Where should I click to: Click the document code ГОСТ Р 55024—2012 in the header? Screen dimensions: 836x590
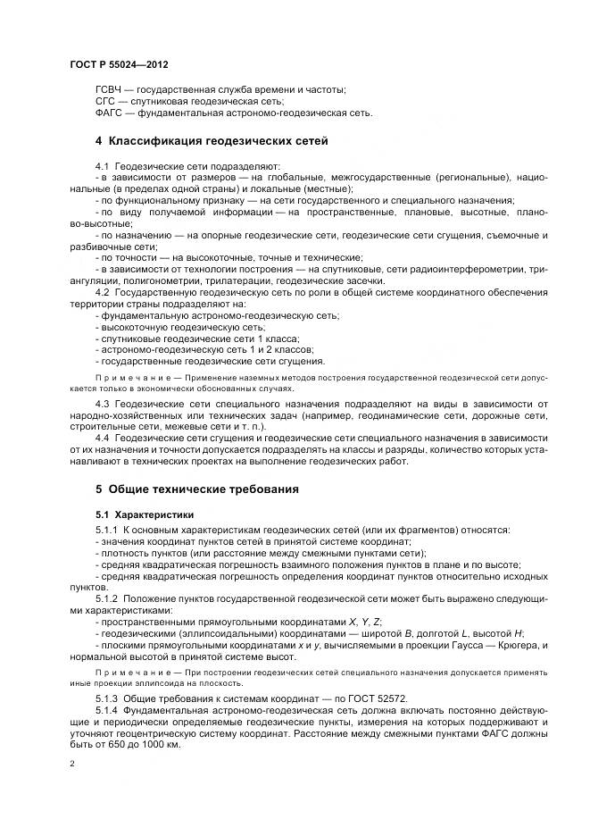click(119, 66)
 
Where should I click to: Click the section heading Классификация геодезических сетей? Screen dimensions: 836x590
click(218, 141)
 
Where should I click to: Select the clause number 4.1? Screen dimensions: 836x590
click(102, 166)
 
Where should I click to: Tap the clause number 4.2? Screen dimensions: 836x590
click(102, 292)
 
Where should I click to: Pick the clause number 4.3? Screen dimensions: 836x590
click(102, 405)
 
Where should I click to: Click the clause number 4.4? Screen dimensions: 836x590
click(102, 439)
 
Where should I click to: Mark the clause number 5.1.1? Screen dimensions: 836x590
click(106, 531)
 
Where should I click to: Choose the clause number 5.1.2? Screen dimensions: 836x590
click(106, 596)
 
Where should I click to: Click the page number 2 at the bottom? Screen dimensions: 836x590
click(71, 765)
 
